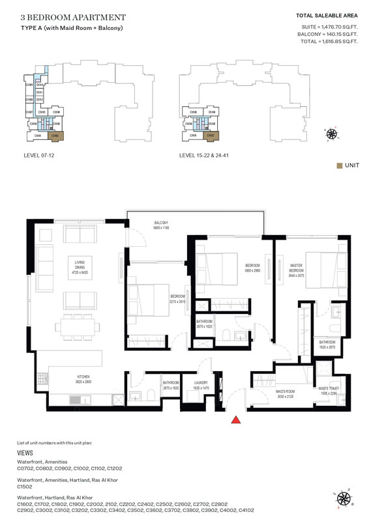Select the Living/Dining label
78,264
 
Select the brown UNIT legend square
340,165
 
